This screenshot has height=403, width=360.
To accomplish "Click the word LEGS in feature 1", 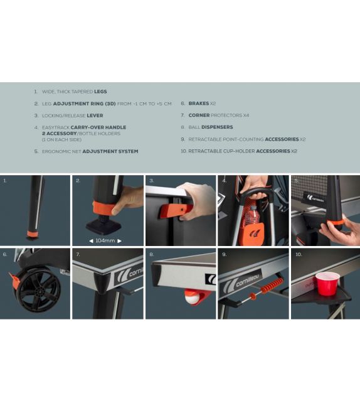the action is pyautogui.click(x=100, y=92).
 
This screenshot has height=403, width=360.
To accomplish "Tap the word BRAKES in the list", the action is pyautogui.click(x=199, y=104).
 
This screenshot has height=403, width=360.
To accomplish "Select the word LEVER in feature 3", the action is pyautogui.click(x=95, y=116).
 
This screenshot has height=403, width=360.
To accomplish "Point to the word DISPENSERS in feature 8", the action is pyautogui.click(x=217, y=127).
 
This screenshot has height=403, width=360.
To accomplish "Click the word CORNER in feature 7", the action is pyautogui.click(x=199, y=115).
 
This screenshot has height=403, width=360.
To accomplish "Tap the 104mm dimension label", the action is pyautogui.click(x=105, y=241).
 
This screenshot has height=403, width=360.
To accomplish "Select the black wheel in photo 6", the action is pyautogui.click(x=39, y=290).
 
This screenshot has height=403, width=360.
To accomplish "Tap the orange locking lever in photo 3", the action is pyautogui.click(x=176, y=210).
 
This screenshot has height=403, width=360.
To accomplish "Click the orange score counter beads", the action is pyautogui.click(x=272, y=284).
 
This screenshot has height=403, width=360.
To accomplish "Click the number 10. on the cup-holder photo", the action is pyautogui.click(x=299, y=254).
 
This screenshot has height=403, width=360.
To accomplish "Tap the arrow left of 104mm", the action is pyautogui.click(x=91, y=241).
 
